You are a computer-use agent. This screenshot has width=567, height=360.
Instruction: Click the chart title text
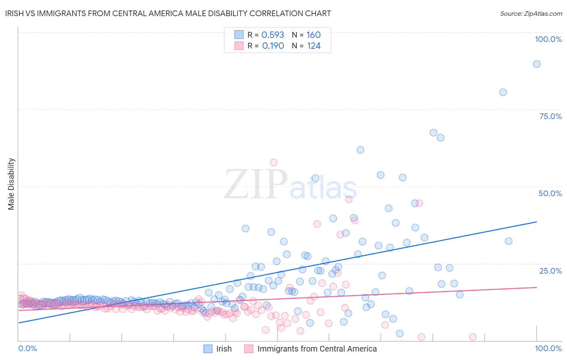[168, 13]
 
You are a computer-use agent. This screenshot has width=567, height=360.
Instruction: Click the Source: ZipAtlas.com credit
[531, 13]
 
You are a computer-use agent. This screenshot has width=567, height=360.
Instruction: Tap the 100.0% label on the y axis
[548, 39]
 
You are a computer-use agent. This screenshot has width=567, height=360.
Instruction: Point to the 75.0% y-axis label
[550, 116]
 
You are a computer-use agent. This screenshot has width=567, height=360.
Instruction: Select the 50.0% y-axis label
[550, 193]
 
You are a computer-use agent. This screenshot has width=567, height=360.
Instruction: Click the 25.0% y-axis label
[550, 271]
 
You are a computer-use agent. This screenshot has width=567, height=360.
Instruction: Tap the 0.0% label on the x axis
[27, 348]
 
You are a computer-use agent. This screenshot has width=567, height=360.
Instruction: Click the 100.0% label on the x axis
[548, 348]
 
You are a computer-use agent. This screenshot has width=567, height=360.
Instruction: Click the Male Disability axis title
[11, 184]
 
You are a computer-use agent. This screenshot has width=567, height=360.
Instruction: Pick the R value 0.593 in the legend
[273, 35]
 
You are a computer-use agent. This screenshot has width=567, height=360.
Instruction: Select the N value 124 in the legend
[314, 46]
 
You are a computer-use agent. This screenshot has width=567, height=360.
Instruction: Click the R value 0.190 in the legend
[273, 46]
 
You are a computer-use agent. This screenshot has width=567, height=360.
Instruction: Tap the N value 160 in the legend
[313, 35]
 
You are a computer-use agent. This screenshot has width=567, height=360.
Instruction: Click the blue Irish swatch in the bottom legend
[208, 349]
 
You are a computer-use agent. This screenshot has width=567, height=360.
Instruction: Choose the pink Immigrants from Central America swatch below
[249, 349]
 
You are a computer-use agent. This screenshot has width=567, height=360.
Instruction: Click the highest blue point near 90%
[537, 64]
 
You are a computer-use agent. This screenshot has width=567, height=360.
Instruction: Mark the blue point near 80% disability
[503, 92]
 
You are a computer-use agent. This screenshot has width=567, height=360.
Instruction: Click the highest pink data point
[274, 163]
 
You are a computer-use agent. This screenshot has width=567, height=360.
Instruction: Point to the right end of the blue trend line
[537, 222]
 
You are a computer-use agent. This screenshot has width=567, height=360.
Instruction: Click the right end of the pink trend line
[537, 287]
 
